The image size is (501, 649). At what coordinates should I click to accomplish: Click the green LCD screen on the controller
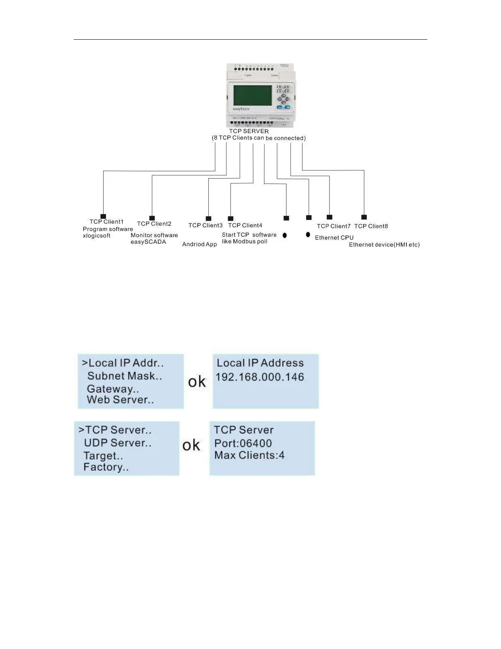252,95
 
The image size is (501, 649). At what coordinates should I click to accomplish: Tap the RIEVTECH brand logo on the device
241,109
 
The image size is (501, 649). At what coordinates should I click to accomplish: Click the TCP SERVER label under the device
248,131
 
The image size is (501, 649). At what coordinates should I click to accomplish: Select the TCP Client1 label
106,222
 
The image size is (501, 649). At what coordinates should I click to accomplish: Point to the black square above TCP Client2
152,218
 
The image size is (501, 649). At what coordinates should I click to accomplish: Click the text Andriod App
199,244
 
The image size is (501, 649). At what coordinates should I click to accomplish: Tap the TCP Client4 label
245,225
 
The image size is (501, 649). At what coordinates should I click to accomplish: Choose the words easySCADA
148,242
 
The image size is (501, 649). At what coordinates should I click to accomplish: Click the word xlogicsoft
97,236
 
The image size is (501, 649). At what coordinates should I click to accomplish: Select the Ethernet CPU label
334,238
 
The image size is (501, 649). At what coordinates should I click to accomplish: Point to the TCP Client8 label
371,226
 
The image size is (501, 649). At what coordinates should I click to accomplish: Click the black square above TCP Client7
329,217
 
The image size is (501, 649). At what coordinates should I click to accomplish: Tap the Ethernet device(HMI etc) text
384,245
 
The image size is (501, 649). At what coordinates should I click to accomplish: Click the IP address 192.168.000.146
260,377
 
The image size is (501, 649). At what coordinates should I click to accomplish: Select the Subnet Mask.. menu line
124,376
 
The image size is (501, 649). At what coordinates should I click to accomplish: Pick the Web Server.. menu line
120,399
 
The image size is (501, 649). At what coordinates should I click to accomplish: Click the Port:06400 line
243,443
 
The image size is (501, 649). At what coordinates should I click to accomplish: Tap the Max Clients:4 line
249,455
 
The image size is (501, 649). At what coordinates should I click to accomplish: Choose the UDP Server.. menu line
117,443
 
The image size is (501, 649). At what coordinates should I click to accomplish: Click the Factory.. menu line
106,467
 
